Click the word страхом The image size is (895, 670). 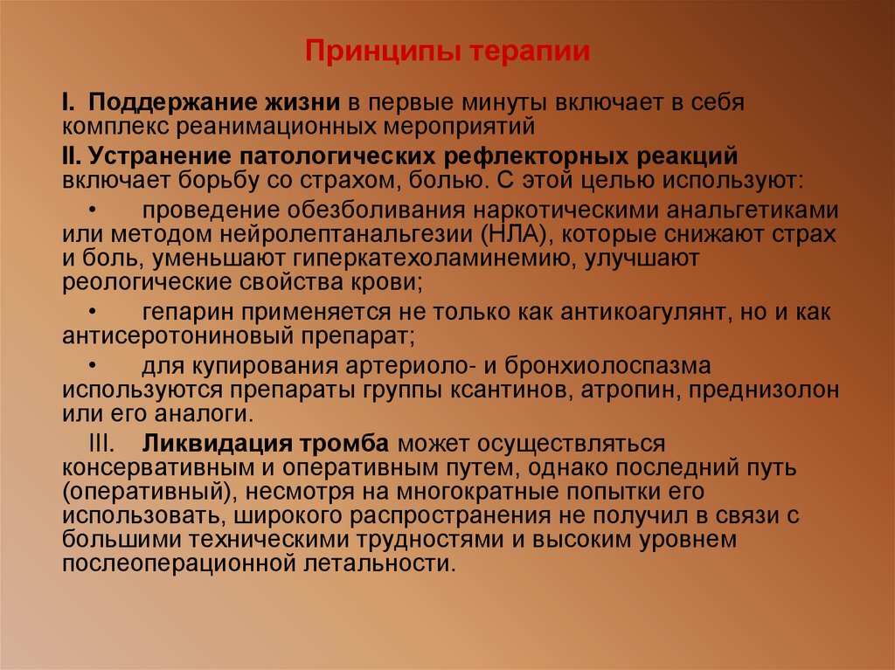(x=392, y=181)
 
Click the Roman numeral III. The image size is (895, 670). (x=109, y=444)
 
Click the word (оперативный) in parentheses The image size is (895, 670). (x=149, y=491)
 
